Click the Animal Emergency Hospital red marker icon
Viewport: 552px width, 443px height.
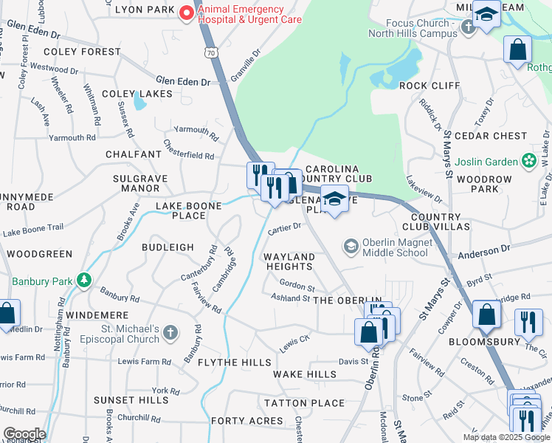(x=187, y=13)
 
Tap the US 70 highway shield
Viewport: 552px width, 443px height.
(x=212, y=53)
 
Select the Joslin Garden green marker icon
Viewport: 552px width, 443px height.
(x=528, y=160)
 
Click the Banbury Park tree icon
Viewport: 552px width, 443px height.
(x=85, y=281)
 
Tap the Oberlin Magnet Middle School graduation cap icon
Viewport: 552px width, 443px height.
(x=351, y=246)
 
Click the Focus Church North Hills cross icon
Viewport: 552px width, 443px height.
(x=466, y=28)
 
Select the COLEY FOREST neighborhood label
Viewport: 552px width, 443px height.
(x=81, y=52)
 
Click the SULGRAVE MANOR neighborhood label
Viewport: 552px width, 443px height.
(x=140, y=183)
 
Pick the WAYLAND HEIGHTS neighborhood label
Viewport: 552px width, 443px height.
(x=289, y=261)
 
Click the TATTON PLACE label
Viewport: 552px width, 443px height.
(x=304, y=403)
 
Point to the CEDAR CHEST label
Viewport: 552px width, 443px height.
(x=491, y=136)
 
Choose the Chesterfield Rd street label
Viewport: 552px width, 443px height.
(x=188, y=157)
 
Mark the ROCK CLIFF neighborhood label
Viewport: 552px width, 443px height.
(x=429, y=86)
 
